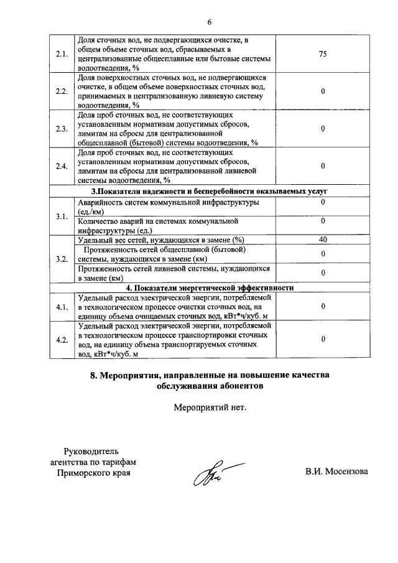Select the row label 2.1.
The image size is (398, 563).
pos(61,54)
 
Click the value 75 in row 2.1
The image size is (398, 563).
pos(323,54)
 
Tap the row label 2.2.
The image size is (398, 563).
pos(61,91)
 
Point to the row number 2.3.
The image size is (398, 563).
pos(61,129)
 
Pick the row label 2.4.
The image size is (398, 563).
pos(61,166)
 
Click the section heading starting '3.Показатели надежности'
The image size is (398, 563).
pos(209,191)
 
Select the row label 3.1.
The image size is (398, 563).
pos(61,216)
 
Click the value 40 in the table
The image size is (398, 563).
pos(323,240)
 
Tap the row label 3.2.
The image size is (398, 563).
pos(61,259)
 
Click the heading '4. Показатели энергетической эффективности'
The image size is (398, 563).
pos(209,288)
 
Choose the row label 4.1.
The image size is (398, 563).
pos(61,307)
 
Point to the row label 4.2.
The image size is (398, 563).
pos(61,340)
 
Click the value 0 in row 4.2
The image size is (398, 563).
pos(323,340)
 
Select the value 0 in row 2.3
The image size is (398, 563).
pos(323,129)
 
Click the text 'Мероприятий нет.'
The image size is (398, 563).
pos(210,408)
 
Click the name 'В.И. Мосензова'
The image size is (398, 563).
pos(336,472)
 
